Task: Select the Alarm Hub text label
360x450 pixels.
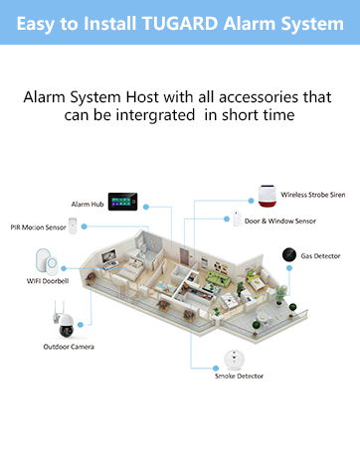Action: tap(89, 204)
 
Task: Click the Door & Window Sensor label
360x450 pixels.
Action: tap(280, 221)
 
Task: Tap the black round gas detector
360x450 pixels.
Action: tap(287, 254)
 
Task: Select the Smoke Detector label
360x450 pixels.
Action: tap(239, 377)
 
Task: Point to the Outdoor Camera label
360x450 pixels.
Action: tap(69, 347)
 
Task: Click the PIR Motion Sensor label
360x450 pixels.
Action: tap(38, 227)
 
